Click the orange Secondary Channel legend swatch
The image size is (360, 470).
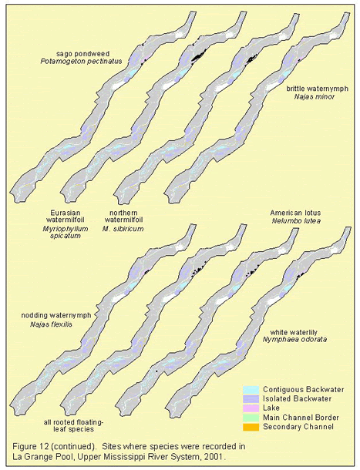tap(251, 427)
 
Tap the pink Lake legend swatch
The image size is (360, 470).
tap(251, 408)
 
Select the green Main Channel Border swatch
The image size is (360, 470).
tap(251, 418)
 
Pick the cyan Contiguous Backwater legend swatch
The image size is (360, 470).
tap(251, 389)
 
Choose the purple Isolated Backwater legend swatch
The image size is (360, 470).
tap(251, 398)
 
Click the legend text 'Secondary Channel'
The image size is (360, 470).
tap(298, 427)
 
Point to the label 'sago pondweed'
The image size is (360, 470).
tap(83, 54)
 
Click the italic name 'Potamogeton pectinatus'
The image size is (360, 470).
tap(81, 62)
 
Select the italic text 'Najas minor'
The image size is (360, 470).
tap(314, 96)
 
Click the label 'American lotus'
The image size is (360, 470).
tap(295, 213)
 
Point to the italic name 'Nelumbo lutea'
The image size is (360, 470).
tap(296, 220)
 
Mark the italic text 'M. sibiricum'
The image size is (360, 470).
tap(123, 229)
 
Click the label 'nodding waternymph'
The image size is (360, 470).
tap(56, 315)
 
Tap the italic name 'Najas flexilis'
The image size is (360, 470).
tap(51, 324)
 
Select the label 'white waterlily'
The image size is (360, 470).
tap(294, 332)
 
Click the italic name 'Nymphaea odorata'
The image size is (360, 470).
tap(294, 340)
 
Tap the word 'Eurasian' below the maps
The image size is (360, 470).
tap(65, 213)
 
